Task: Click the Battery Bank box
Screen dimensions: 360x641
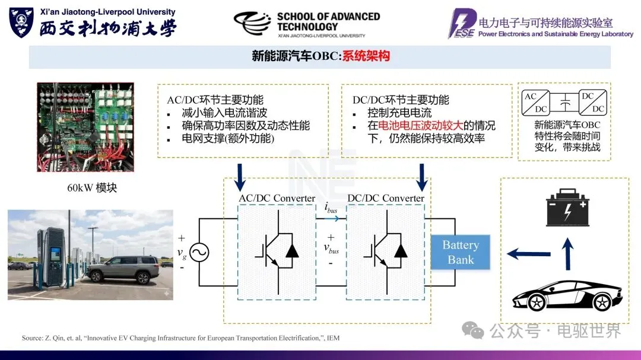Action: [x=461, y=253]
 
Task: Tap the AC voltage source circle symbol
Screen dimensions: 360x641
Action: [x=198, y=253]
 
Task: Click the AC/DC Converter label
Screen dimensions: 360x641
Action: [x=277, y=198]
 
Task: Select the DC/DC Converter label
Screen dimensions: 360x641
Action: [x=386, y=198]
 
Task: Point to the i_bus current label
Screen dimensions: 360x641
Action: [x=331, y=208]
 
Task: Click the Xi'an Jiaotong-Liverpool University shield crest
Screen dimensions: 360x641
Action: [x=21, y=23]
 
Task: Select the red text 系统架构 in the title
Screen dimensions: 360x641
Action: [x=366, y=56]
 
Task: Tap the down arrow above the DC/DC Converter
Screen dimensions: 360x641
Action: [x=422, y=175]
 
